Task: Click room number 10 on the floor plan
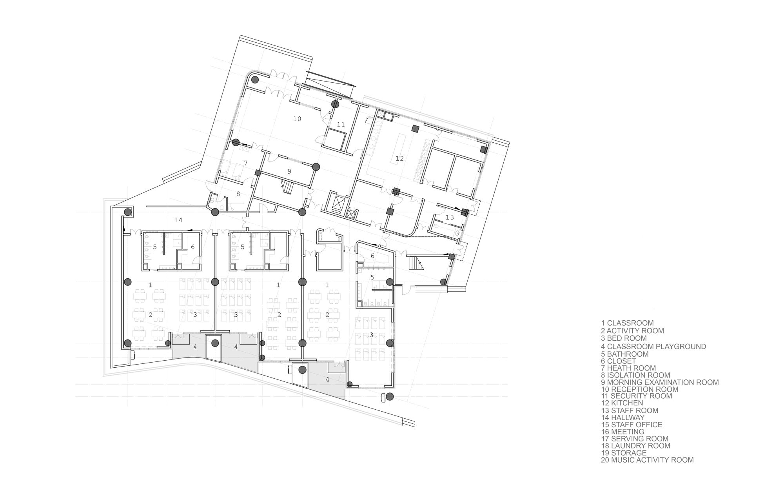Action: coord(297,119)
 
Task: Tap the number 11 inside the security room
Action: coord(341,125)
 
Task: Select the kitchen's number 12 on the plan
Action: coord(399,159)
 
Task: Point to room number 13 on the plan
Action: coord(450,217)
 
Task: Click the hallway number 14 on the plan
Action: coord(178,220)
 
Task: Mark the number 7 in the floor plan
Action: coord(245,163)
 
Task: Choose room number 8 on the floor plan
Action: coord(238,194)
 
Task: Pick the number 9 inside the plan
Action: coord(289,171)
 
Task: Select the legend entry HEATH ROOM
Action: coord(632,368)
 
